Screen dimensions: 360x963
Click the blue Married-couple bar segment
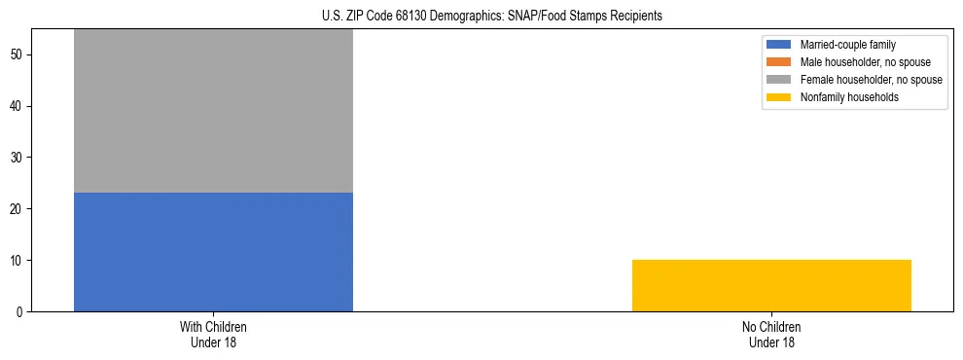tap(213, 252)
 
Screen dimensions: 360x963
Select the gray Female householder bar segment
tap(213, 111)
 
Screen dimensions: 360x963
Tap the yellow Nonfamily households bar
tap(771, 285)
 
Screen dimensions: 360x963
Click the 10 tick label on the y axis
tap(18, 261)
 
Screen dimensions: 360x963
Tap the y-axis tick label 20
tap(18, 209)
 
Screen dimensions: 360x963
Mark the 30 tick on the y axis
tap(18, 158)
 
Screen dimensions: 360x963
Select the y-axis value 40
tap(18, 106)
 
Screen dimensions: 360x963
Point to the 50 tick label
tap(18, 54)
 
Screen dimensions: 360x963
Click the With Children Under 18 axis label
tap(213, 334)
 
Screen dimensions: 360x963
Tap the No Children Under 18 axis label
tap(771, 334)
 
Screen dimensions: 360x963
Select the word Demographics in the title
tap(461, 17)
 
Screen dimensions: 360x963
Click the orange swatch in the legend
tap(780, 62)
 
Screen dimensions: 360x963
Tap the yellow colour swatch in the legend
tap(780, 97)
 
